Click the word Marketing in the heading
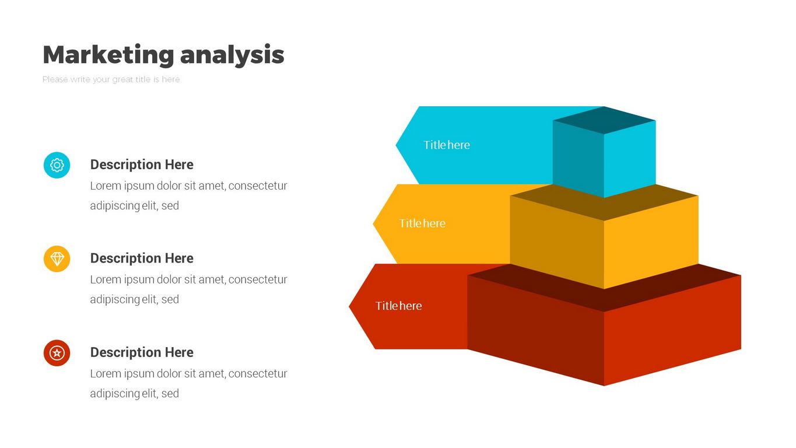(108, 55)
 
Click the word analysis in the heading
(232, 55)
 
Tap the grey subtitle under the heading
(111, 79)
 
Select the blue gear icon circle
(57, 165)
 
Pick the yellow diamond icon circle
(57, 259)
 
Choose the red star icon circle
(57, 353)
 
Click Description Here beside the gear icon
(142, 164)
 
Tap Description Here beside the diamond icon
(142, 258)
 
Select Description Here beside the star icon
(142, 352)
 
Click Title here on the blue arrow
(447, 145)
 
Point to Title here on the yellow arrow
(422, 223)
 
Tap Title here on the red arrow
(399, 306)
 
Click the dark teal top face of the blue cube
(604, 120)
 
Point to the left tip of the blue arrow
(396, 145)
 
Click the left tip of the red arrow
(349, 306)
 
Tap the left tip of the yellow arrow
(373, 223)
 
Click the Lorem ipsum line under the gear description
(189, 186)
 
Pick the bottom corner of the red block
(604, 386)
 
